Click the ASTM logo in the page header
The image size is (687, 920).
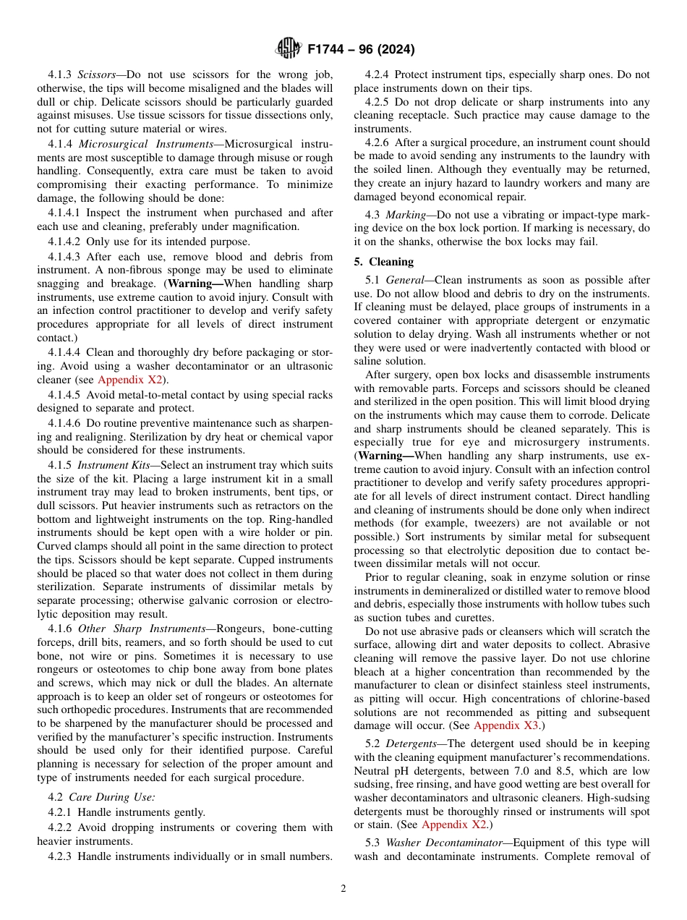(289, 49)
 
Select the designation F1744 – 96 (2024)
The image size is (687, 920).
(361, 50)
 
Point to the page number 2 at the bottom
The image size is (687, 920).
(343, 889)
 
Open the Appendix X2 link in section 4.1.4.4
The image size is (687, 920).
(129, 380)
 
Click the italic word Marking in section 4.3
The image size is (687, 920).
(405, 216)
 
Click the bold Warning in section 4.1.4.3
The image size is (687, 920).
(194, 284)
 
